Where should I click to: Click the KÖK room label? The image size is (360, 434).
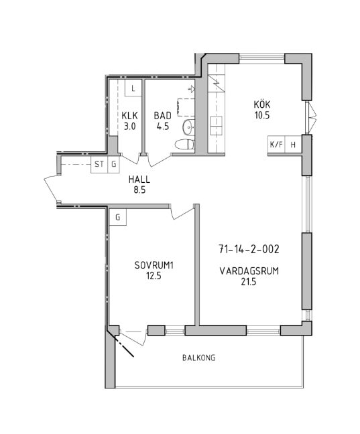click(x=262, y=104)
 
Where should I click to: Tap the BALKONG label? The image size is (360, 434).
click(x=198, y=358)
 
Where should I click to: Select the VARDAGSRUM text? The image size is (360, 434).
click(x=249, y=271)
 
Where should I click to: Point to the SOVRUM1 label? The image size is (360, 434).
click(x=154, y=265)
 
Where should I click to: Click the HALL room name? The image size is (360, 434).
click(x=139, y=179)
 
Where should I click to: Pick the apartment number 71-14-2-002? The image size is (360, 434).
click(x=249, y=249)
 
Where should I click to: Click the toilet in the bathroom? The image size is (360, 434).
click(x=185, y=144)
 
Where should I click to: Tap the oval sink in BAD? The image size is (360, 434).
click(x=189, y=127)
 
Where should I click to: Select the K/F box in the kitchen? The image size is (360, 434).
click(x=276, y=144)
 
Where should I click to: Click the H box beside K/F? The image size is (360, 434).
click(x=293, y=144)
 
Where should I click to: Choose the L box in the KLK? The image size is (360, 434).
click(x=133, y=88)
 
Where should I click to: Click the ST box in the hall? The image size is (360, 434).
click(x=99, y=164)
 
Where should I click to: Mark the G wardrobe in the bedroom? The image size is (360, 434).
click(x=118, y=217)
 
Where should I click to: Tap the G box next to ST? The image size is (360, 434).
click(x=113, y=164)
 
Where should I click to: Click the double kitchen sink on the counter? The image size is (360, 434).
click(x=216, y=126)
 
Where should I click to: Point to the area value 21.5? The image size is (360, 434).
click(x=249, y=282)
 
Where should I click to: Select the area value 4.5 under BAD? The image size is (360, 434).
click(x=163, y=127)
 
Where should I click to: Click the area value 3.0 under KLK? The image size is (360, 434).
click(x=129, y=127)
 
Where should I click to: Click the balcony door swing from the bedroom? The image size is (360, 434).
click(x=133, y=336)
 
